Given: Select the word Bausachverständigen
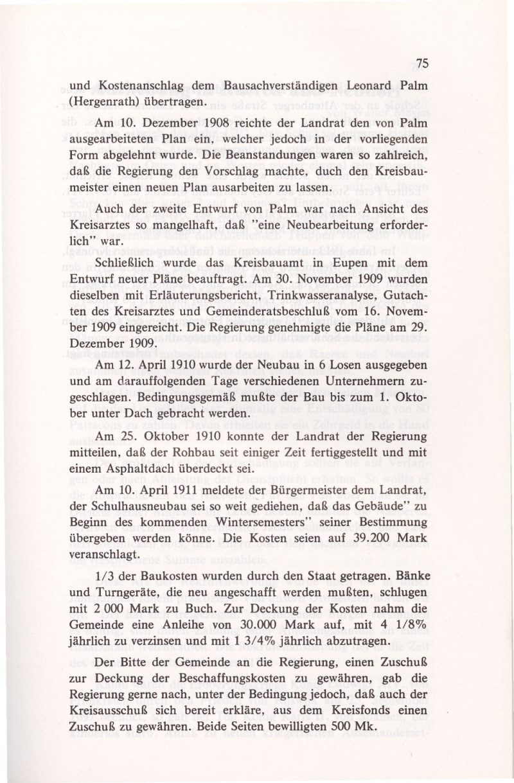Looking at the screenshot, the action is tap(279, 85).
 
